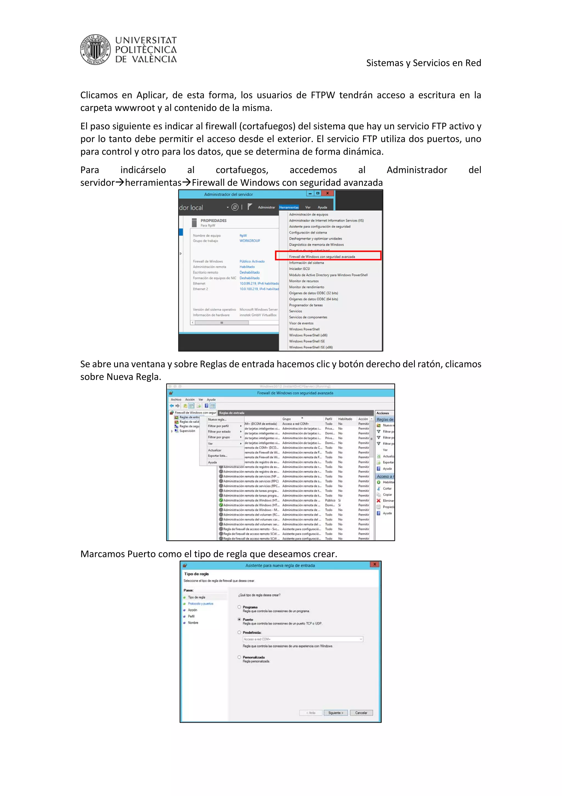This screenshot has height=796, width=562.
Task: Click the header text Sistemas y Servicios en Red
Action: click(423, 63)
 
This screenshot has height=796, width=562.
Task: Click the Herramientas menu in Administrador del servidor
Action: click(288, 207)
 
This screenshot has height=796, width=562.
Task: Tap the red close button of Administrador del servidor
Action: click(327, 193)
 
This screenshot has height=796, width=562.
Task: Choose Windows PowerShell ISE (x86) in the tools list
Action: click(311, 347)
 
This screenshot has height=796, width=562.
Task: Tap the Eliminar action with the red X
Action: click(387, 501)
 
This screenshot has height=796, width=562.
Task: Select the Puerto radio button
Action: click(239, 619)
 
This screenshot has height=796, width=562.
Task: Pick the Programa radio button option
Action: click(239, 607)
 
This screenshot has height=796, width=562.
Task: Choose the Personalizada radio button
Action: click(239, 657)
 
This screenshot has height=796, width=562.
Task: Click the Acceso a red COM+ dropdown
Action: click(303, 639)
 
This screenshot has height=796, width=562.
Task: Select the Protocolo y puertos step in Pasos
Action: click(201, 604)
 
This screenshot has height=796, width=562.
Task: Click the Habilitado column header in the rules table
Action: click(345, 419)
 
